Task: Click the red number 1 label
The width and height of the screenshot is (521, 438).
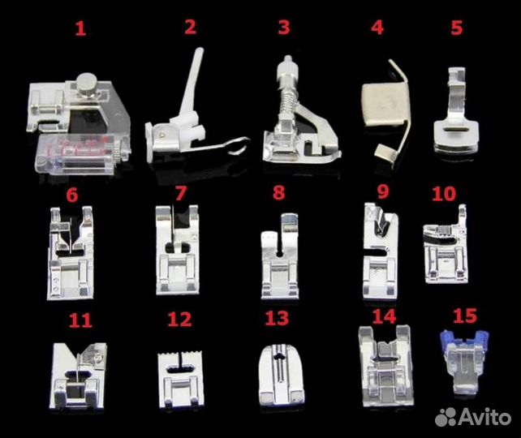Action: coord(80,28)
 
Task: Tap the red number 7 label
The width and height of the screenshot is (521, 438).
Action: coord(181,193)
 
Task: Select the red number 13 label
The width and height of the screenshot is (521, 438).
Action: coord(277,318)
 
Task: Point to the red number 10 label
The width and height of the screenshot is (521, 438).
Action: coord(444,194)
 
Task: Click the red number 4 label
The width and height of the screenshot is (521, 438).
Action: coord(377,28)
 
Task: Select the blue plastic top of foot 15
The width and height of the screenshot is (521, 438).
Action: coord(464,339)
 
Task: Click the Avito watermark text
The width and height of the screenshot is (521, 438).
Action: coord(485,417)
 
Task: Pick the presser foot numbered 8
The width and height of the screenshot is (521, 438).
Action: coord(280,256)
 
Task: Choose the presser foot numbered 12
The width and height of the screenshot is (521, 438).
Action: coord(181,379)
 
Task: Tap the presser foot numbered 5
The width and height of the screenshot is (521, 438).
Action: coord(456,111)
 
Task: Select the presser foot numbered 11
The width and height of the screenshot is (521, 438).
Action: coord(79,376)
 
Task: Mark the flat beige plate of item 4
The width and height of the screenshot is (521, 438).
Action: coord(385,105)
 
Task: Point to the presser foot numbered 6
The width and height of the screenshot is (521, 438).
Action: coord(71,253)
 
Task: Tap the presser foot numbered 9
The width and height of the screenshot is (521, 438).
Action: coord(381,251)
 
